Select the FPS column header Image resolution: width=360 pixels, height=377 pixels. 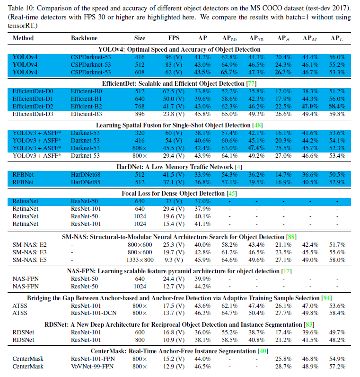[x=174, y=37]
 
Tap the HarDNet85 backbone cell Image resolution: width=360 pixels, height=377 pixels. [x=85, y=182]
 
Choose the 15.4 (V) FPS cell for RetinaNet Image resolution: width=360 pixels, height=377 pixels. [x=174, y=224]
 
